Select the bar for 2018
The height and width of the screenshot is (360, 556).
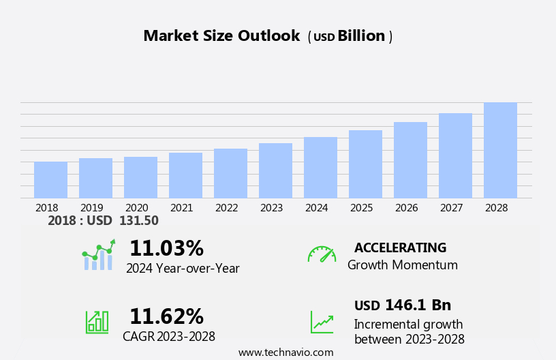coord(50,180)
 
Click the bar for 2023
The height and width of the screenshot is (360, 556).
coord(275,170)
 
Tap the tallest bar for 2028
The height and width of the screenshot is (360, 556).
coord(500,150)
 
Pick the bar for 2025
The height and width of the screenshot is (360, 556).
coord(365,164)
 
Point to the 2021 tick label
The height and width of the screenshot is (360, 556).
coord(181,208)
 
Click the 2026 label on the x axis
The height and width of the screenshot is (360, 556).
coord(406,208)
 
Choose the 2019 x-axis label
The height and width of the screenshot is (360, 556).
coord(91,208)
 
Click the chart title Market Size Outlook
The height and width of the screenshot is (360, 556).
coord(221,36)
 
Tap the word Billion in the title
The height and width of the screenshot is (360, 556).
coord(361,36)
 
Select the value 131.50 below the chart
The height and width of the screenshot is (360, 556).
coord(139,221)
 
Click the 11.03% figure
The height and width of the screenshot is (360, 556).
coord(166,248)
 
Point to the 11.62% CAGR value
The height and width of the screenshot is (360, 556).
coord(166,316)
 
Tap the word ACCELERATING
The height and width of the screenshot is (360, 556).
coord(400,248)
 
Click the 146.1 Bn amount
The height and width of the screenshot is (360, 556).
coord(418,305)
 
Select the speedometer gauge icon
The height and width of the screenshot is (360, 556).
coord(322,254)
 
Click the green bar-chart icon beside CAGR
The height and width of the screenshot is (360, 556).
coord(97,321)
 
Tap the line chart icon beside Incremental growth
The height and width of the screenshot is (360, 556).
coord(322,322)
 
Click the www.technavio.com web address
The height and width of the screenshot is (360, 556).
coord(285,352)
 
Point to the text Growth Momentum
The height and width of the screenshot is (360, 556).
coord(402,265)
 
